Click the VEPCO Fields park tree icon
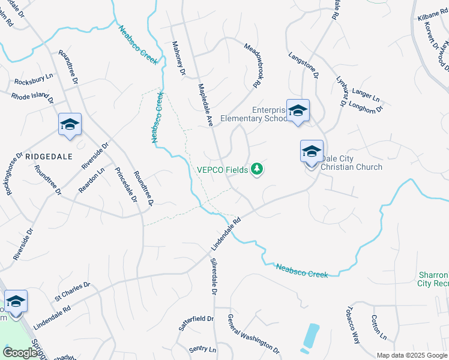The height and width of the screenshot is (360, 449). pyautogui.click(x=257, y=170)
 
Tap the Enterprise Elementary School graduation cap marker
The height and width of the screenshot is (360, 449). pyautogui.click(x=298, y=111)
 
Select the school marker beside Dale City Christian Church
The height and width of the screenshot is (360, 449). pyautogui.click(x=312, y=152)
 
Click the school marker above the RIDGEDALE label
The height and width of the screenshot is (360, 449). pyautogui.click(x=70, y=125)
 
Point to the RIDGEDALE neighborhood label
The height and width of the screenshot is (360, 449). pyautogui.click(x=49, y=156)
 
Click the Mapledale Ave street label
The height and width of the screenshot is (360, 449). pyautogui.click(x=206, y=104)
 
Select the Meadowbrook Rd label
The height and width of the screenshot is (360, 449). pyautogui.click(x=255, y=66)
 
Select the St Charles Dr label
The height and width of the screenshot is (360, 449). pyautogui.click(x=72, y=290)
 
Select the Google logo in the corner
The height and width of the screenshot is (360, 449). pyautogui.click(x=20, y=352)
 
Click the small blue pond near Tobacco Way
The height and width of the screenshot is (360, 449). pyautogui.click(x=311, y=337)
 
